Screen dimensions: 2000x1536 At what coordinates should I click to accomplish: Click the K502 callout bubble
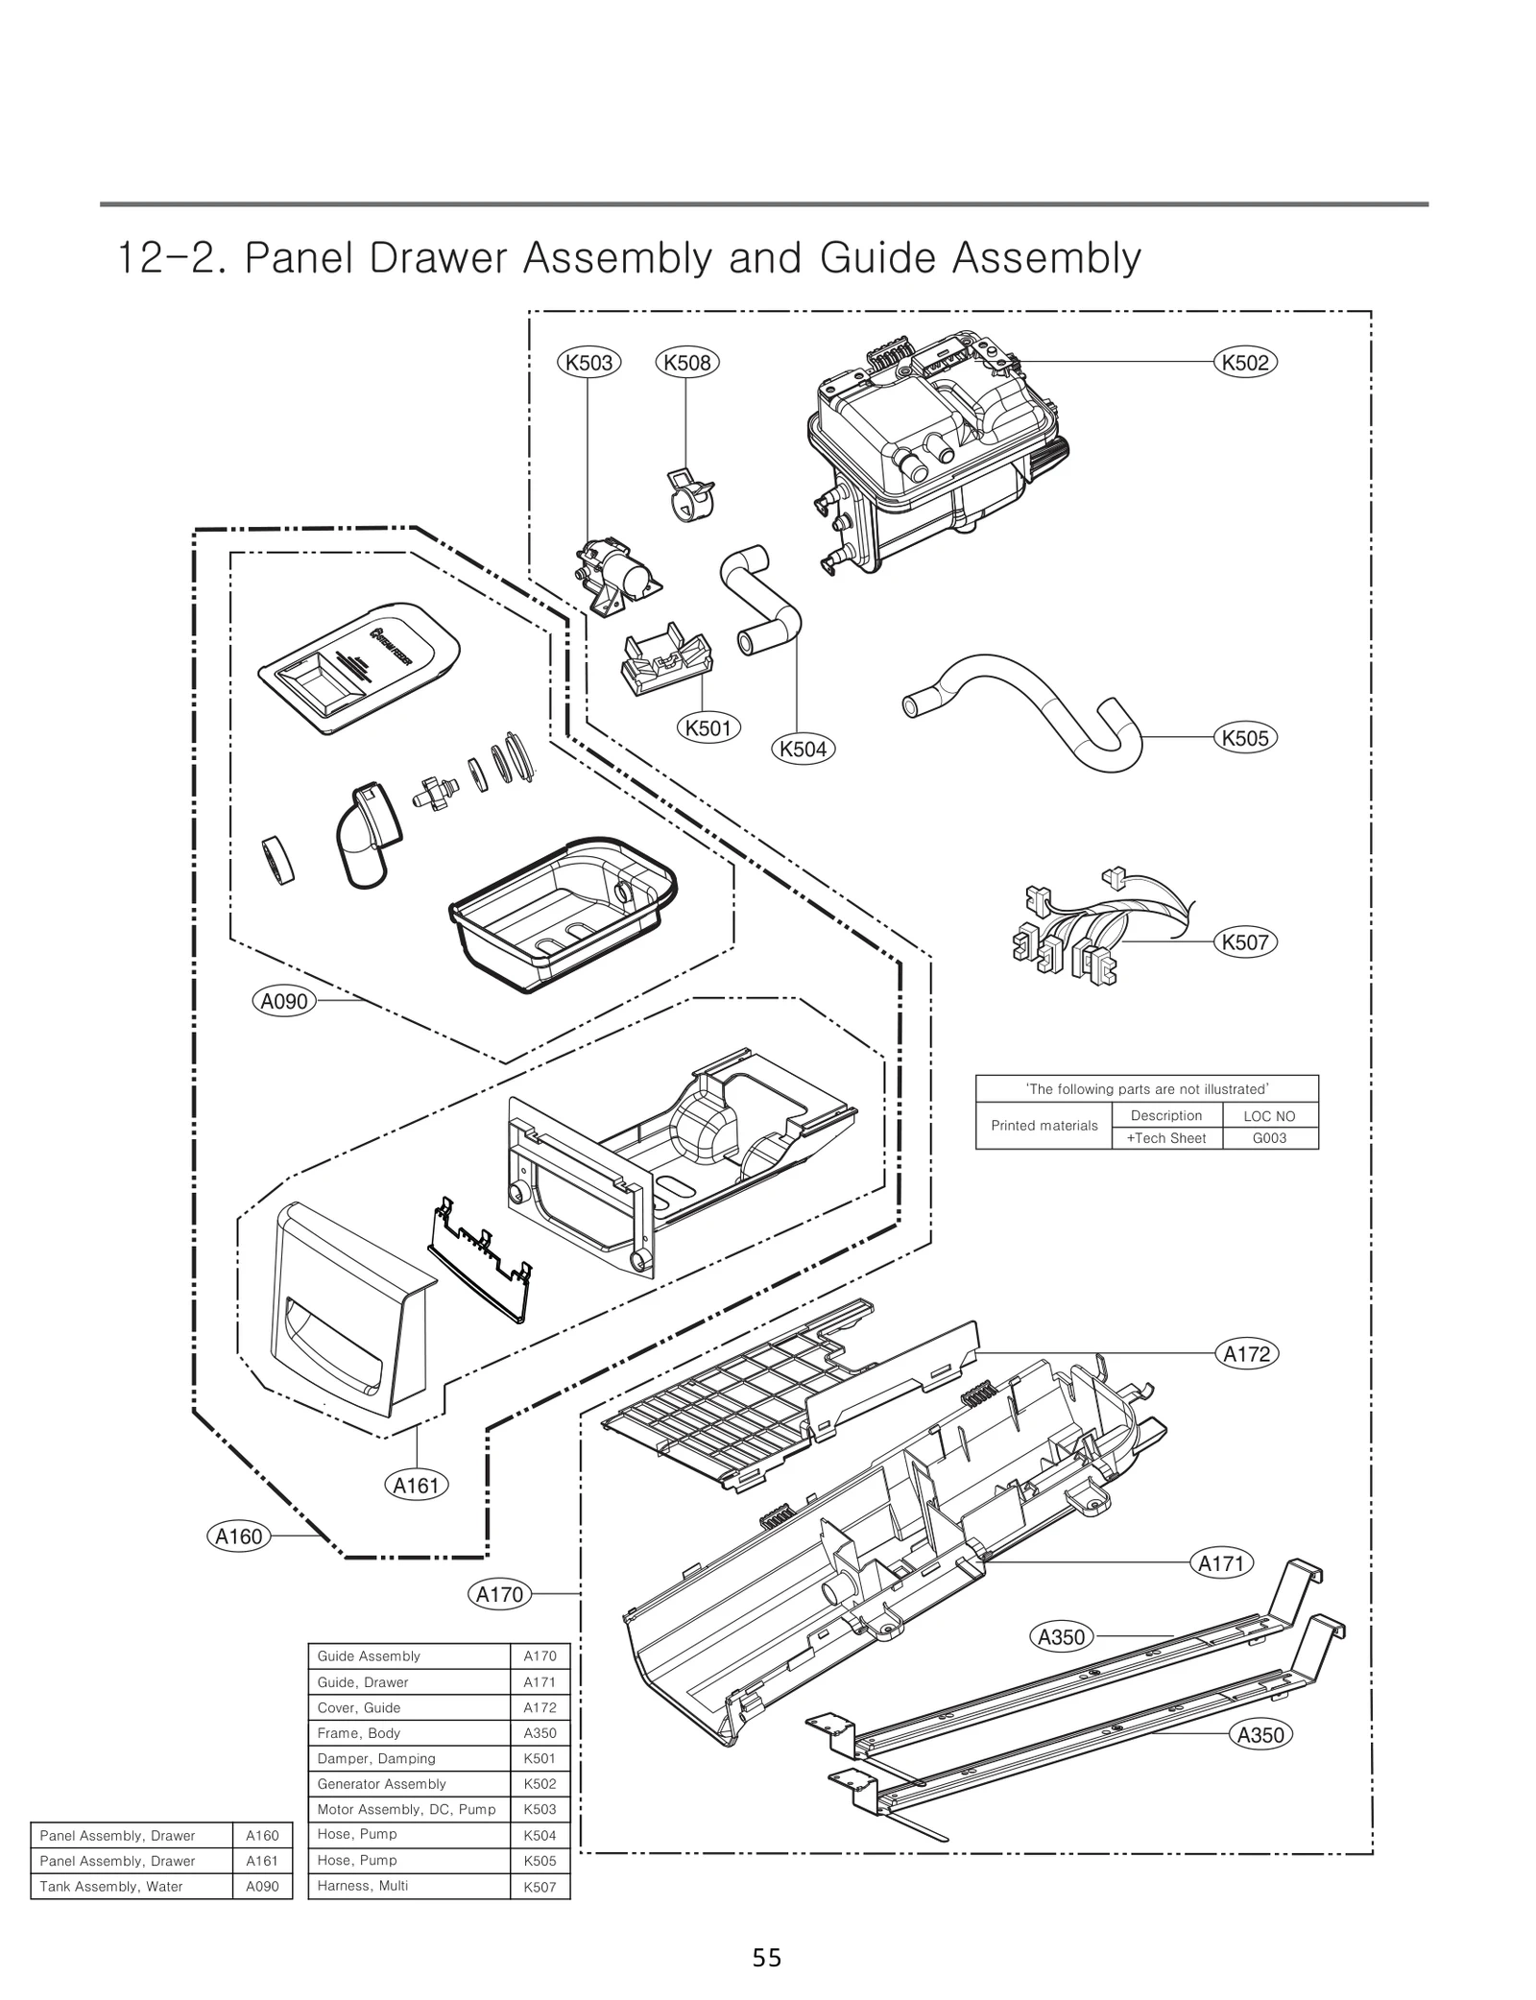click(x=1245, y=363)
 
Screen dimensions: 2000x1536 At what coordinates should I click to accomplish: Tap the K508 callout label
click(x=687, y=363)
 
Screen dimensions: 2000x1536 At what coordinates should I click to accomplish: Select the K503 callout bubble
click(x=589, y=363)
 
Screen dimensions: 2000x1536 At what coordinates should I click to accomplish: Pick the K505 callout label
click(x=1245, y=738)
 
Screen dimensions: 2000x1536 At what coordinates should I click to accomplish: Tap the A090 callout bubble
click(x=284, y=1001)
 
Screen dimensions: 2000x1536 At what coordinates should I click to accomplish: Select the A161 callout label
click(x=417, y=1486)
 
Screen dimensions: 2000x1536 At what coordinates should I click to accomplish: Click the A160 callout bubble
click(x=238, y=1536)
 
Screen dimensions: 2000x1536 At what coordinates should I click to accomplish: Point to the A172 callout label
click(x=1246, y=1354)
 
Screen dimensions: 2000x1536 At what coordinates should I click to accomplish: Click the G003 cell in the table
click(x=1269, y=1138)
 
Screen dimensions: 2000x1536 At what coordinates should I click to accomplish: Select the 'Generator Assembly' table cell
click(x=409, y=1784)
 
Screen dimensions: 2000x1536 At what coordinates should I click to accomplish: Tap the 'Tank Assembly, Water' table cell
click(x=131, y=1886)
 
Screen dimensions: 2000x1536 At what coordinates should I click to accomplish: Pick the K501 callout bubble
click(x=708, y=728)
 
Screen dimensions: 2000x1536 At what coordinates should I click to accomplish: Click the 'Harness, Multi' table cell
click(x=409, y=1886)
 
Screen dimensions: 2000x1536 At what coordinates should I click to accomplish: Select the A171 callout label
click(x=1221, y=1563)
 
